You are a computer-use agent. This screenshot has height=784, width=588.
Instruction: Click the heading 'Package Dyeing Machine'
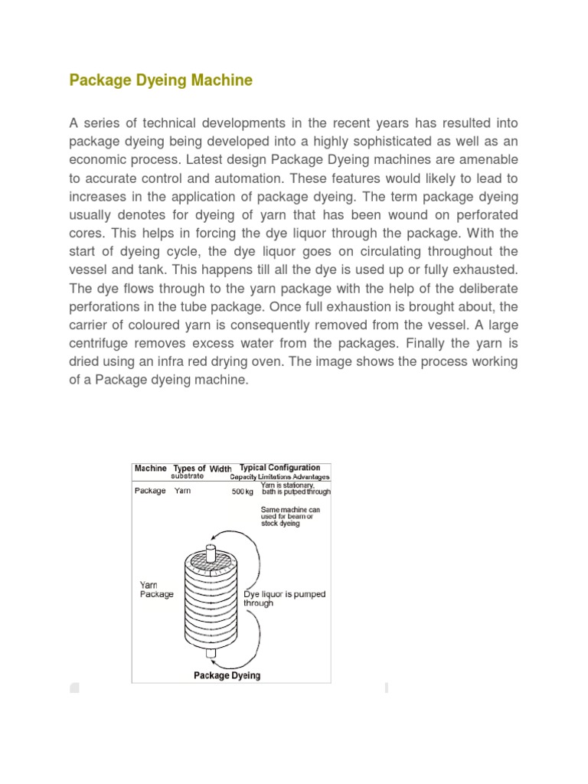pos(161,80)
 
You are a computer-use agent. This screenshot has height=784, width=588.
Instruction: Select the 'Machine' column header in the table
pos(150,469)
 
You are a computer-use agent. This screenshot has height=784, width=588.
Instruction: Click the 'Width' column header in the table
pos(220,469)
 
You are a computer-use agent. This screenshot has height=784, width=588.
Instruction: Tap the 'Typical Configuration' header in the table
pos(280,468)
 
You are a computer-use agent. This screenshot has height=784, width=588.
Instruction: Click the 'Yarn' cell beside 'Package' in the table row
pos(182,491)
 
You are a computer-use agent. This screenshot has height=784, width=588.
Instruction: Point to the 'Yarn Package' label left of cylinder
pos(156,589)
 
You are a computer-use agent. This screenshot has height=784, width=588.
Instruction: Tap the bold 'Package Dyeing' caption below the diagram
pos(227,675)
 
